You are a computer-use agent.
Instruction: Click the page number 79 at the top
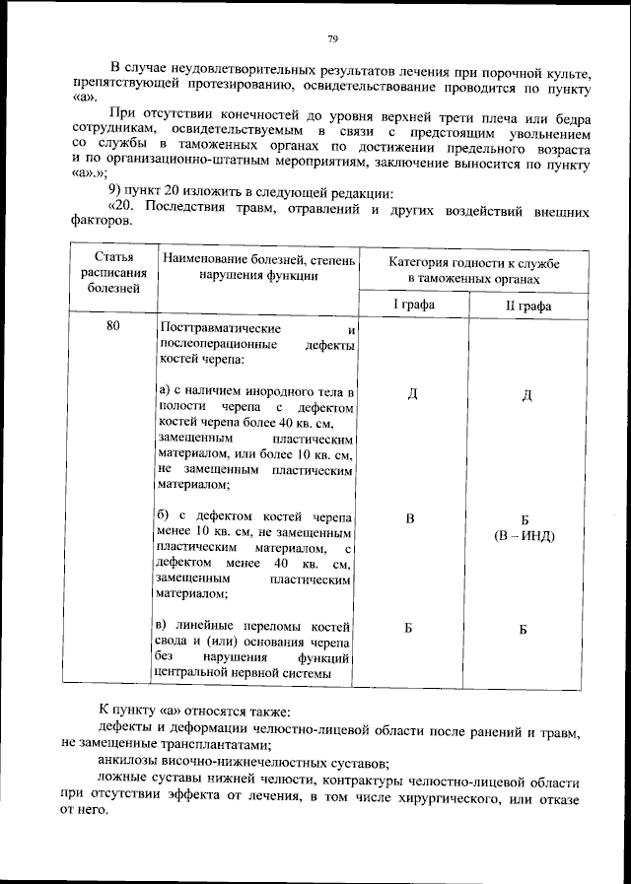tap(333, 38)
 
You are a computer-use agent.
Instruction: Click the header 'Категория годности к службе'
tap(473, 266)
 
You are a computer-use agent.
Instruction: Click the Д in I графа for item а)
tap(412, 394)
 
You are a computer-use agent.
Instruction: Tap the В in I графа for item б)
tap(411, 518)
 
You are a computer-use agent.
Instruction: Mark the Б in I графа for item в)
tap(411, 628)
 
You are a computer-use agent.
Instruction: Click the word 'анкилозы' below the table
tap(129, 763)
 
